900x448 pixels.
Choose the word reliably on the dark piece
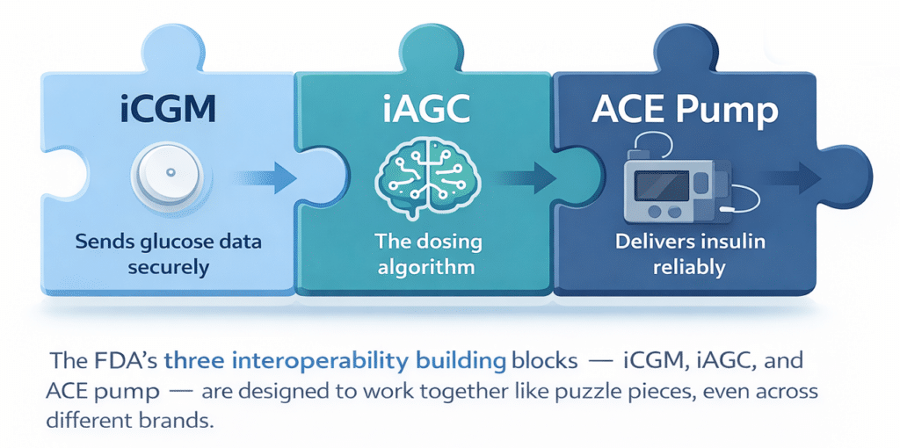click(x=688, y=266)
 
